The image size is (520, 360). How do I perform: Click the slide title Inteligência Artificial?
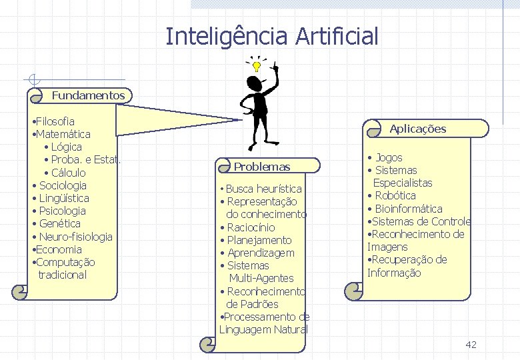pos(271,36)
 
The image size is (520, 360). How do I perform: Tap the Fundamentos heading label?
pos(88,95)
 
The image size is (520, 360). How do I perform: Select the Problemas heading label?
pos(262,167)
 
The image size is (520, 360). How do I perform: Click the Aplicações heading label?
pos(417,129)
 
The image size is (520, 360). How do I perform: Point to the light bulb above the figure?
pos(256,67)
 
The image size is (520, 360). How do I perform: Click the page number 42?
pos(471,345)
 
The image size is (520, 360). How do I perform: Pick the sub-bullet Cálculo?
pos(68,173)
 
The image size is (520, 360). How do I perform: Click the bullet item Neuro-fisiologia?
pos(75,237)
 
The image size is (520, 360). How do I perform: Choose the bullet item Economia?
pos(59,249)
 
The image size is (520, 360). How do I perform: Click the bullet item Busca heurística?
pos(263,189)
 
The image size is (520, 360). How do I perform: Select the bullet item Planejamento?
pos(259,240)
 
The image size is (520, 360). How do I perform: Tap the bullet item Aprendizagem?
pos(260,253)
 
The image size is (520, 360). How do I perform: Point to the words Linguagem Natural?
pos(263,329)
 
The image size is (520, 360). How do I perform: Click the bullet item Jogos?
pos(389,157)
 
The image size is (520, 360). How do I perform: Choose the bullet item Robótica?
pos(395,195)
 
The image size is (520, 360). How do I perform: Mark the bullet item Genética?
pos(59,223)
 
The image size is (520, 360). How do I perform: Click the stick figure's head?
pos(254,83)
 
